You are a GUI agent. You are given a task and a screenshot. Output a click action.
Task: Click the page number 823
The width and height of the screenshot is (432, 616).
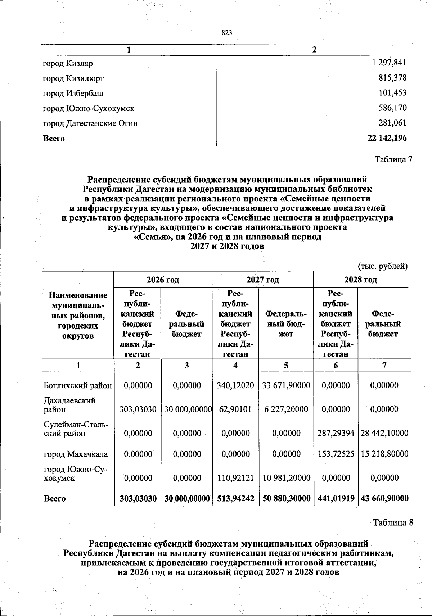227,33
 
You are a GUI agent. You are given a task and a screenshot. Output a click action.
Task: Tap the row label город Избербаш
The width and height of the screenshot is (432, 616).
73,94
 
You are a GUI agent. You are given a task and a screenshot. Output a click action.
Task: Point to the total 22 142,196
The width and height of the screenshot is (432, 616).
387,138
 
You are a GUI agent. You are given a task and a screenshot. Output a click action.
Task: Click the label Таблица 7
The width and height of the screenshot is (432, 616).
393,159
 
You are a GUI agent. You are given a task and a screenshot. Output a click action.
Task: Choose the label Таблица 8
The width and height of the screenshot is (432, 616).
392,522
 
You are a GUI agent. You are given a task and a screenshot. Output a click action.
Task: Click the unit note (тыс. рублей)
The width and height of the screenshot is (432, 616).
382,266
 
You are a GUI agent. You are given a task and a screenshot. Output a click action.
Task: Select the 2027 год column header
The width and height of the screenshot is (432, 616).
262,280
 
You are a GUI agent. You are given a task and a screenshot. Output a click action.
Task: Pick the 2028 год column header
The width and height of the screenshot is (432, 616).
360,280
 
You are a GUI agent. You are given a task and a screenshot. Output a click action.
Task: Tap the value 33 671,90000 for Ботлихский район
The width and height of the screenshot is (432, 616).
286,385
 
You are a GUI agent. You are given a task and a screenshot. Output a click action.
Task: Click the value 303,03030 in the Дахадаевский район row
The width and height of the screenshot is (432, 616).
138,409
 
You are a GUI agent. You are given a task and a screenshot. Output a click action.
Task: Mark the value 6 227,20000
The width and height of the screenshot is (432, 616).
286,409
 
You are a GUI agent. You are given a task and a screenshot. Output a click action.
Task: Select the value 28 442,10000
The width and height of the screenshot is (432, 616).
384,433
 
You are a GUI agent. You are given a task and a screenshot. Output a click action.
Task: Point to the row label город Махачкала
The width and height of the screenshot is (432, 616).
76,454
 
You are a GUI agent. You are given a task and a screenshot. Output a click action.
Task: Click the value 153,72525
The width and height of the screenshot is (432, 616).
336,454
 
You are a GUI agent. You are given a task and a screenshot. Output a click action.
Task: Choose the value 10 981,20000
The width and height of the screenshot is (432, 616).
287,478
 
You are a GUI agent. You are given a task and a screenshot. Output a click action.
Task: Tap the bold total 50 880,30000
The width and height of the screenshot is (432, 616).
286,498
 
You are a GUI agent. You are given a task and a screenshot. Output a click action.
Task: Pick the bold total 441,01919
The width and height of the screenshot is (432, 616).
336,498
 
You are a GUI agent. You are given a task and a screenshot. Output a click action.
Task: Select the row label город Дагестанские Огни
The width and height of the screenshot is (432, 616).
90,123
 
